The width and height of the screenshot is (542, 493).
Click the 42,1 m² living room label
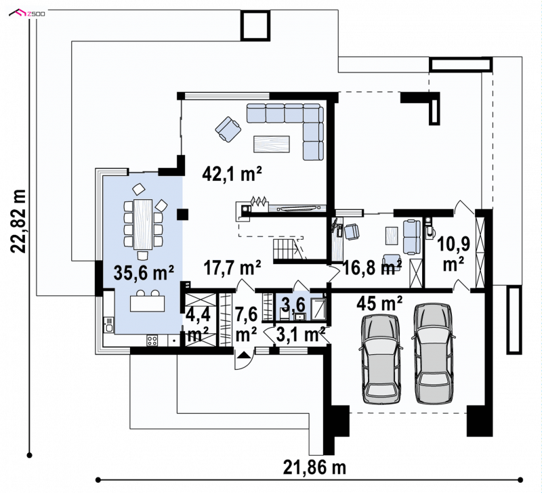[x=232, y=174]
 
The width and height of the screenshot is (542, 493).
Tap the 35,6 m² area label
[x=144, y=273]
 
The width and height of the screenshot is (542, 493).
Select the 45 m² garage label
[x=379, y=303]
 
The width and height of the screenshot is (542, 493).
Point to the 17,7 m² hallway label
[x=232, y=267]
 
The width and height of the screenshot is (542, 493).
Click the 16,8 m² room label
[x=372, y=267]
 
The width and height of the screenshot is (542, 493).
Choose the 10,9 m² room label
[x=453, y=255]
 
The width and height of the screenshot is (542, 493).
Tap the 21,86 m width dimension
[x=314, y=468]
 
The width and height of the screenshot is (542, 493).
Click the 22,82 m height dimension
[x=18, y=221]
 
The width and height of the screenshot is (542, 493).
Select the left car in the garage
[x=381, y=359]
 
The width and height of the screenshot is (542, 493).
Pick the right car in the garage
[x=434, y=353]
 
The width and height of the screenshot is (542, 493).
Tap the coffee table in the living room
[x=272, y=144]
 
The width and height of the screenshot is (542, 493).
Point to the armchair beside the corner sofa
[x=228, y=129]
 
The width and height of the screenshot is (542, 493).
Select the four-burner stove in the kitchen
[x=152, y=341]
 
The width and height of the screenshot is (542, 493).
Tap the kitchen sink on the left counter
[x=109, y=324]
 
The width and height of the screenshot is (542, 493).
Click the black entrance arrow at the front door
[x=243, y=354]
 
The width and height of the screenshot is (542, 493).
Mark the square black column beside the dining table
[x=182, y=215]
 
